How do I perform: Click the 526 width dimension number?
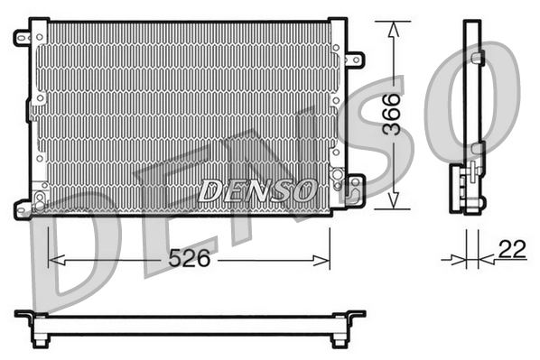190,259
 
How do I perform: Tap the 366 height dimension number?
390,115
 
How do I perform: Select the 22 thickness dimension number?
511,251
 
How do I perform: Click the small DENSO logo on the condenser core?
257,190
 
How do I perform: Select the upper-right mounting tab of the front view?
355,60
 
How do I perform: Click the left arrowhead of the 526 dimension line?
52,260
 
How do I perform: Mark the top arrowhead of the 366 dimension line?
392,28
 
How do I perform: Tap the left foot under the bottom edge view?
40,340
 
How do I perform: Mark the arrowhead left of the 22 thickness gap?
457,260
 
